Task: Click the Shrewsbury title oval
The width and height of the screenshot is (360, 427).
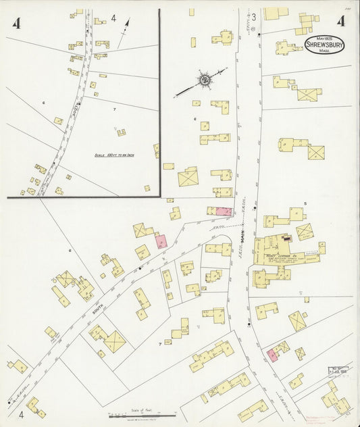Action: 324,46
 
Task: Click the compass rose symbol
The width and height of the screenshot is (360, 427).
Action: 203,80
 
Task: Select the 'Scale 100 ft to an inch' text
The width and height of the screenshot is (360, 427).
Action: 113,155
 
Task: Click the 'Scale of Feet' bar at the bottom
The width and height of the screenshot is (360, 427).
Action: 142,411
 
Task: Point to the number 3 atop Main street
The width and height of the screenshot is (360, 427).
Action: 254,16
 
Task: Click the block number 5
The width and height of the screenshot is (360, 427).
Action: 305,203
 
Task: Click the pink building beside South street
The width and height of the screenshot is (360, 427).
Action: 161,240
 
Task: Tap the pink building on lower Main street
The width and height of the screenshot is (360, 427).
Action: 272,355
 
